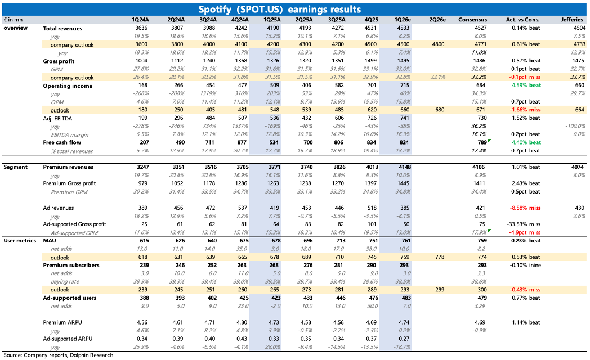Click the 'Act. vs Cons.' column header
(521, 19)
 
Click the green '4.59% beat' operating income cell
(526, 85)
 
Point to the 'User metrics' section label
(19, 240)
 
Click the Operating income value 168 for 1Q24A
(148, 85)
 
